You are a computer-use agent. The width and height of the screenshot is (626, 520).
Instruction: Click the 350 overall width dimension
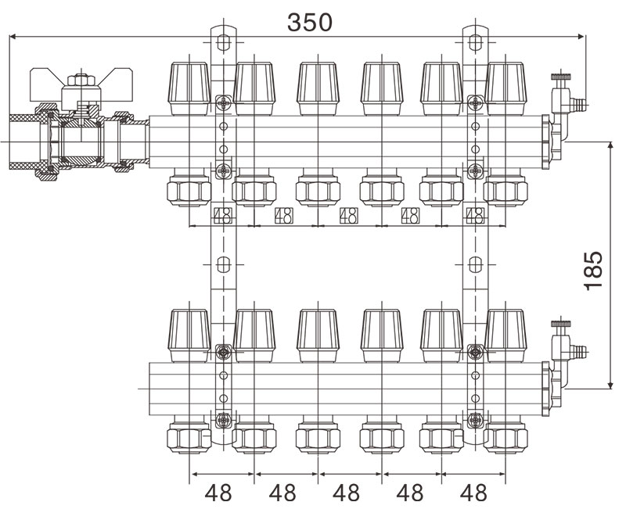click(309, 23)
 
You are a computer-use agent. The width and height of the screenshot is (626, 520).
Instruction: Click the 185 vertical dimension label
click(592, 271)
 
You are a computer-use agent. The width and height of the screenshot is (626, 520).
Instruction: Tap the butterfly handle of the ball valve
click(81, 82)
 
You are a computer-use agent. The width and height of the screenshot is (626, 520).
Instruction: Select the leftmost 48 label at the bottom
click(218, 493)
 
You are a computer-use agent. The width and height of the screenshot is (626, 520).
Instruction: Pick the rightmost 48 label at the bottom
click(473, 493)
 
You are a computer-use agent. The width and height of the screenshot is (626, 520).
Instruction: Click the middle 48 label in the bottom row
click(346, 493)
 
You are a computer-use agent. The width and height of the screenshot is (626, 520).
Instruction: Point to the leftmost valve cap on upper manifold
click(189, 88)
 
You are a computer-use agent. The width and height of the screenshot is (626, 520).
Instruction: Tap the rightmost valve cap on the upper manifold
click(505, 88)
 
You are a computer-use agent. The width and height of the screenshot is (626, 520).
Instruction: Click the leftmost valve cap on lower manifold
click(189, 335)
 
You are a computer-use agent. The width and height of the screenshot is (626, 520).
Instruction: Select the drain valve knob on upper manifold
click(560, 76)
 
